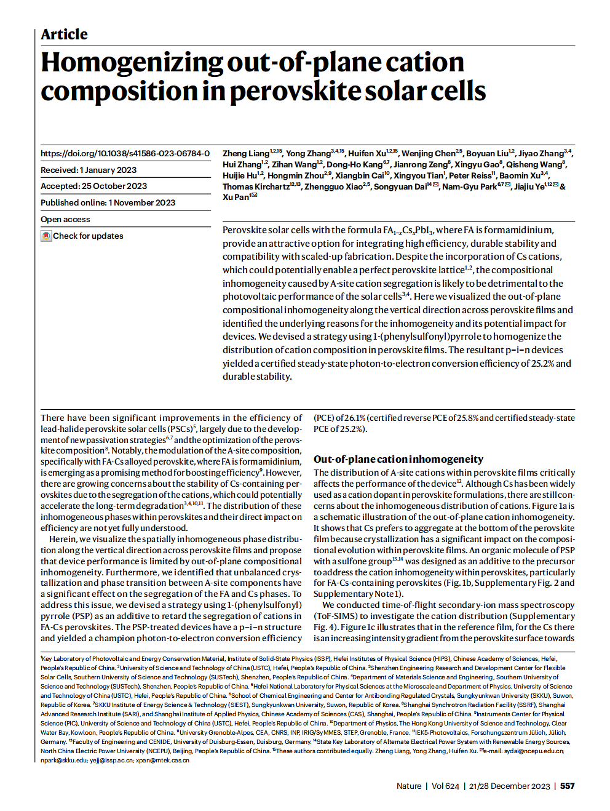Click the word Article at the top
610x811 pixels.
coord(64,34)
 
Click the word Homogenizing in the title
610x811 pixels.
coord(132,62)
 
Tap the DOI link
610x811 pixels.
coord(125,153)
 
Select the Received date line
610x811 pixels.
coord(89,170)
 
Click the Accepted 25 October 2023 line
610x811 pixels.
coord(93,186)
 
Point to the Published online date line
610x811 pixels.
coord(108,202)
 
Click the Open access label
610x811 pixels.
coord(65,219)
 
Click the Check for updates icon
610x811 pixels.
coord(46,236)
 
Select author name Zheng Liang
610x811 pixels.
coord(246,153)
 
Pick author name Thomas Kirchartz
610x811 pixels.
coord(256,186)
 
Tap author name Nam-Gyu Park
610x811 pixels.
coord(469,186)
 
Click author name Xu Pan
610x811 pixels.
coord(236,197)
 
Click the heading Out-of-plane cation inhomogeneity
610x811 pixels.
coord(398,459)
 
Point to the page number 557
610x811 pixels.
coord(567,786)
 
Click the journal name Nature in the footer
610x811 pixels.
coord(409,786)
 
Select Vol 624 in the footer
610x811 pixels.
coord(445,786)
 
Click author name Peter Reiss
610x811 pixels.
coord(470,175)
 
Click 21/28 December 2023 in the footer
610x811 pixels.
coord(509,786)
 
